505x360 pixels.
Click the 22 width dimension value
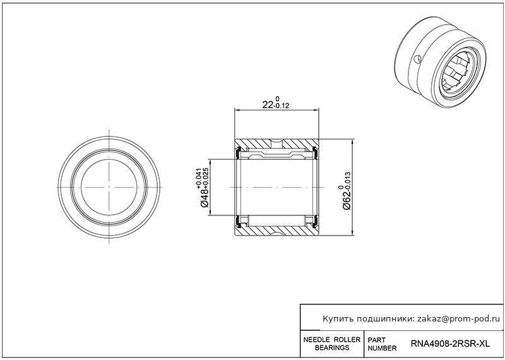[268, 105]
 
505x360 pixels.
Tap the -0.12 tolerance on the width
[281, 106]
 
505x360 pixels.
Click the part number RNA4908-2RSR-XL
[450, 344]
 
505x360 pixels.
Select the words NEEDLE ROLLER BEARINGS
[332, 344]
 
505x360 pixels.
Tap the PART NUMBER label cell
[382, 344]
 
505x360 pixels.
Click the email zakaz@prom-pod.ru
[458, 319]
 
